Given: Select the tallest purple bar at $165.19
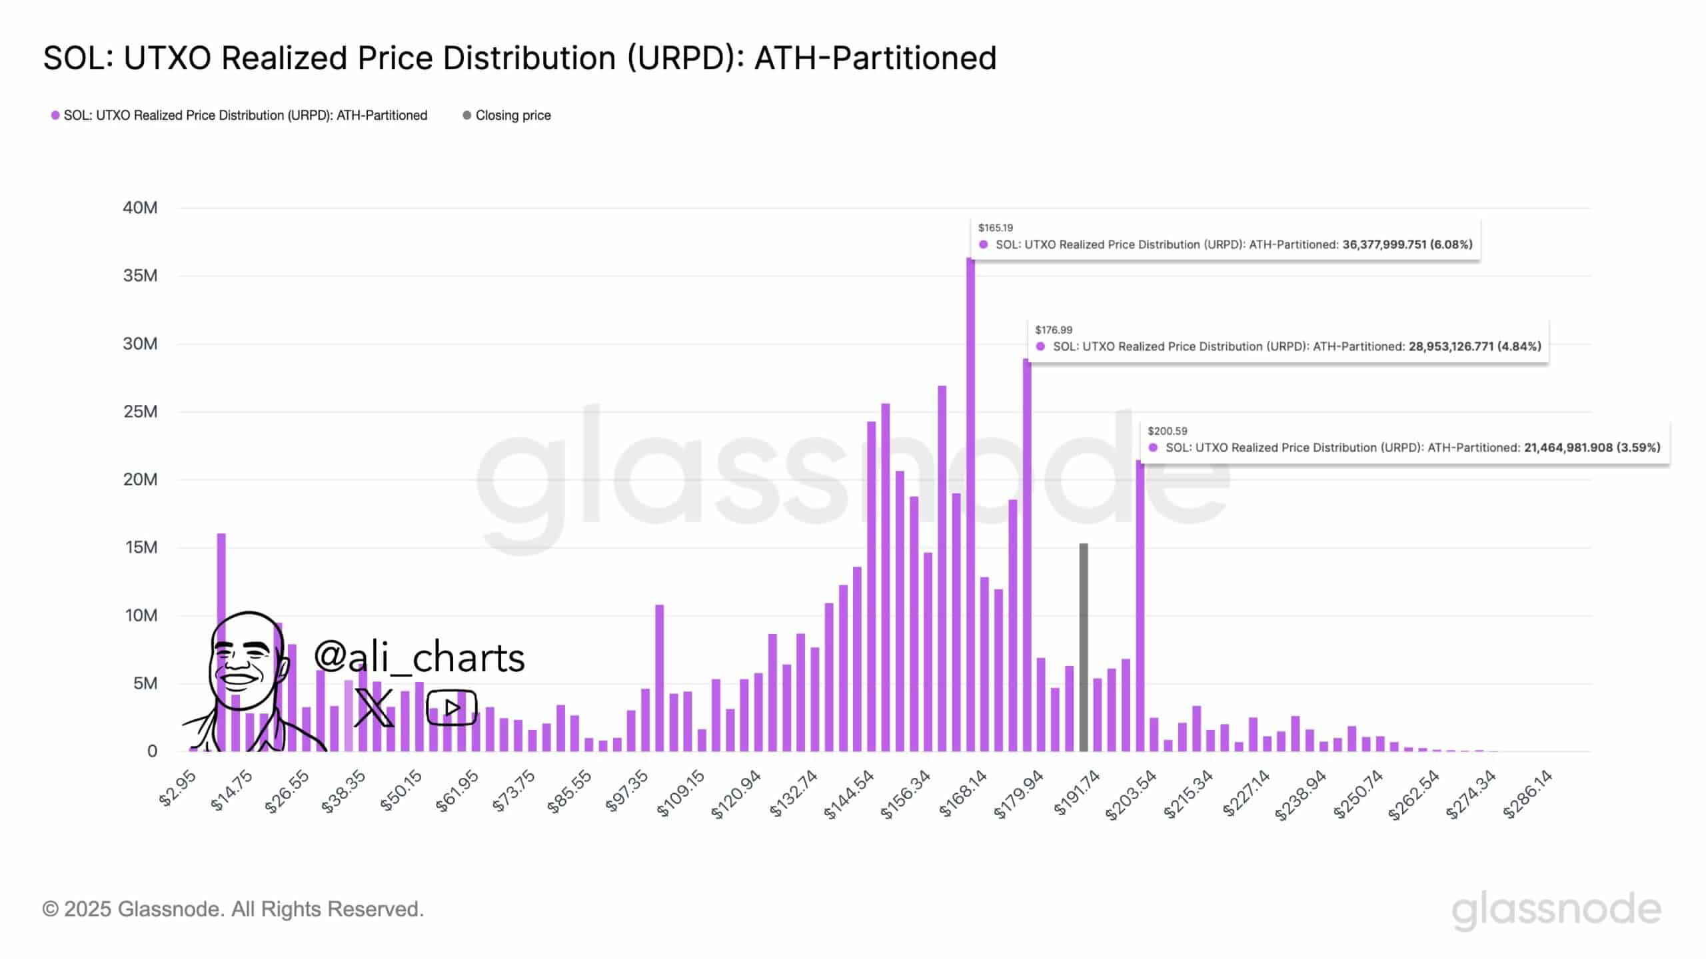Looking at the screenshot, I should (x=970, y=506).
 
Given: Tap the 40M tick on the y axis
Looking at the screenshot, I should (x=140, y=208).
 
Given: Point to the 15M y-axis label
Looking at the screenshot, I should (x=140, y=547).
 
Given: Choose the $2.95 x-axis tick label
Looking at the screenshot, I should (x=177, y=789).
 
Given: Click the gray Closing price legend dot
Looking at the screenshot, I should (x=466, y=115).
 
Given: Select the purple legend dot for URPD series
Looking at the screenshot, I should (x=55, y=115).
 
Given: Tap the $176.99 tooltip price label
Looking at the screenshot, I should (x=1054, y=330).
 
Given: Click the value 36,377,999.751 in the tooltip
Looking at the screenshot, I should (x=1384, y=244).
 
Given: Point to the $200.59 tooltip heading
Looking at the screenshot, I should (x=1167, y=431).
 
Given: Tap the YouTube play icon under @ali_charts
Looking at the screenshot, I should (x=451, y=707).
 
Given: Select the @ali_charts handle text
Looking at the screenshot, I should (x=419, y=657).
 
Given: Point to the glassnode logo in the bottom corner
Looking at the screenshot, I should (x=1556, y=910).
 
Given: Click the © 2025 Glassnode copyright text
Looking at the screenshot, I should (x=233, y=909).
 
